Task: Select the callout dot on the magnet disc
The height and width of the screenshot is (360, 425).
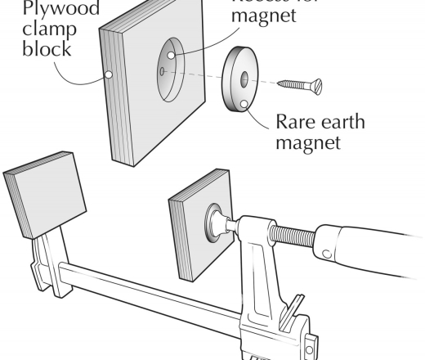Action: (244, 104)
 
